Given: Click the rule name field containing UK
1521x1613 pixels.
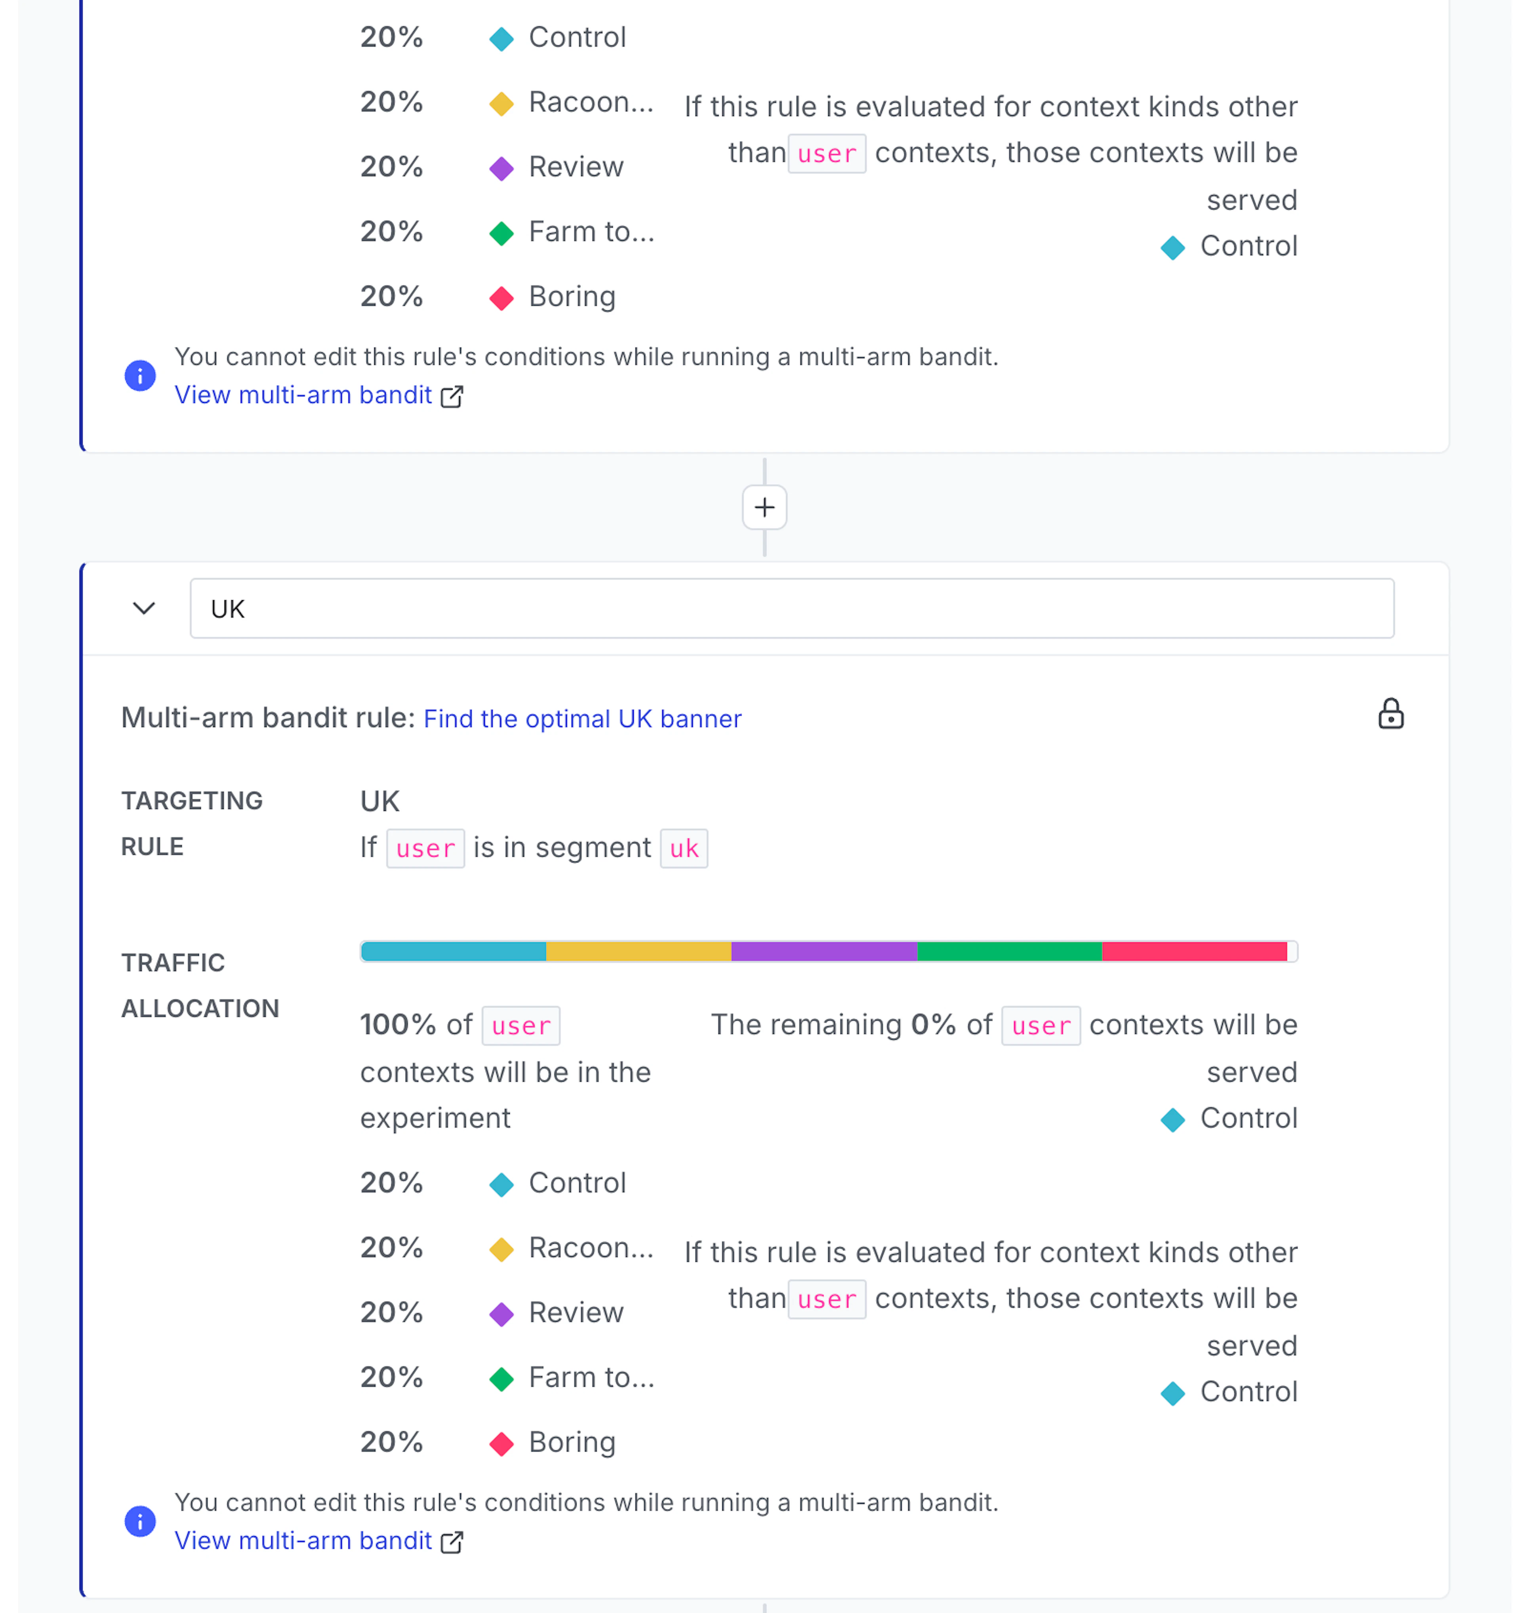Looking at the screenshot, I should click(x=791, y=609).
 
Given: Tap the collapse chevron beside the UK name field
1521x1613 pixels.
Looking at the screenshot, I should click(x=144, y=609).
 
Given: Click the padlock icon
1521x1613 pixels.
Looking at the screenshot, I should click(x=1390, y=714).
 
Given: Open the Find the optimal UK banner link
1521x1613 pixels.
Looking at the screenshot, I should click(x=582, y=719).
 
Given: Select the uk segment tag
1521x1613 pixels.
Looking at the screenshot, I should click(x=683, y=849).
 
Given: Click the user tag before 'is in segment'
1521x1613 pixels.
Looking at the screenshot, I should click(x=425, y=849).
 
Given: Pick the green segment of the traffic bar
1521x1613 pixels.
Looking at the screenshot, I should click(x=1009, y=951).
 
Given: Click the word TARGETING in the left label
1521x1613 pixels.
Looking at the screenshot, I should click(x=192, y=801).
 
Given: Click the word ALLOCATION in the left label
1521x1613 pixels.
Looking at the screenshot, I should click(x=200, y=1008).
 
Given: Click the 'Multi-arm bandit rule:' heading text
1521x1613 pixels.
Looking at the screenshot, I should click(x=268, y=718).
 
